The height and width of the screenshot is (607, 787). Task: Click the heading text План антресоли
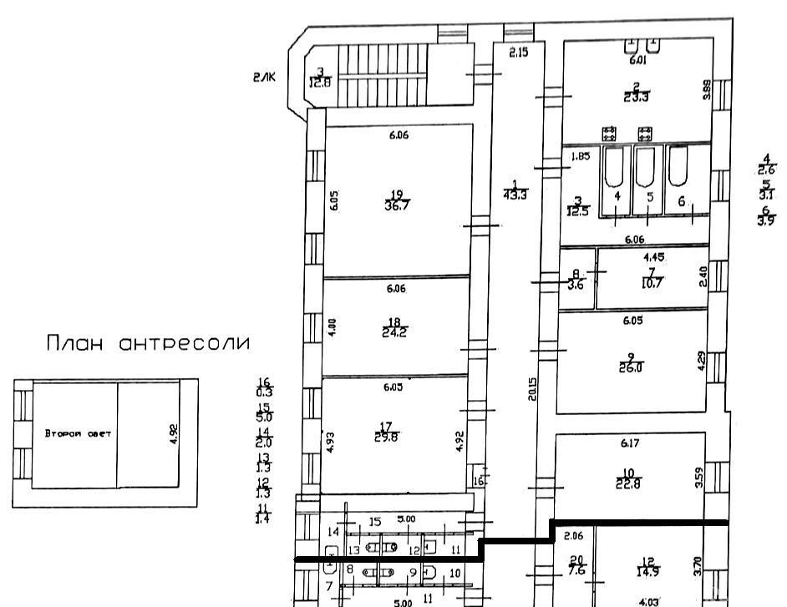pos(148,344)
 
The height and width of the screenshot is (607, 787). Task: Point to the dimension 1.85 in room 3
pos(581,156)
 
